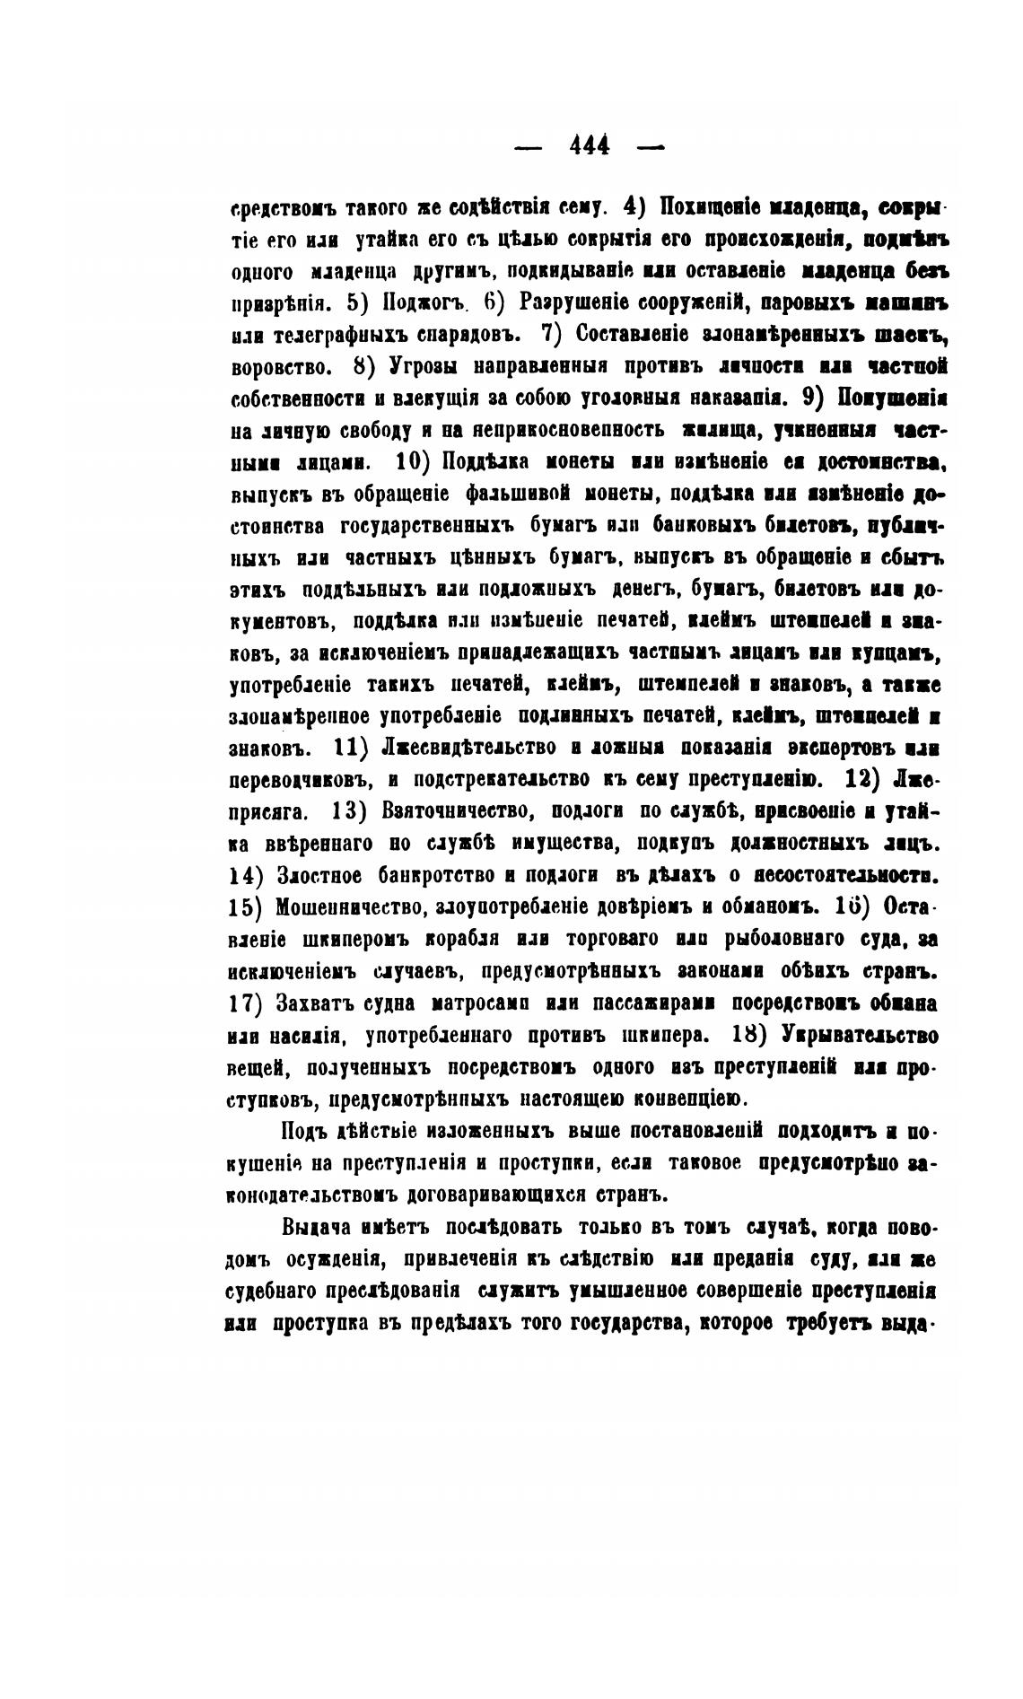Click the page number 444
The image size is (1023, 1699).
590,144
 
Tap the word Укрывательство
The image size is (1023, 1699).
860,1034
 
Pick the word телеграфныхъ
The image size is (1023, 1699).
345,335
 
